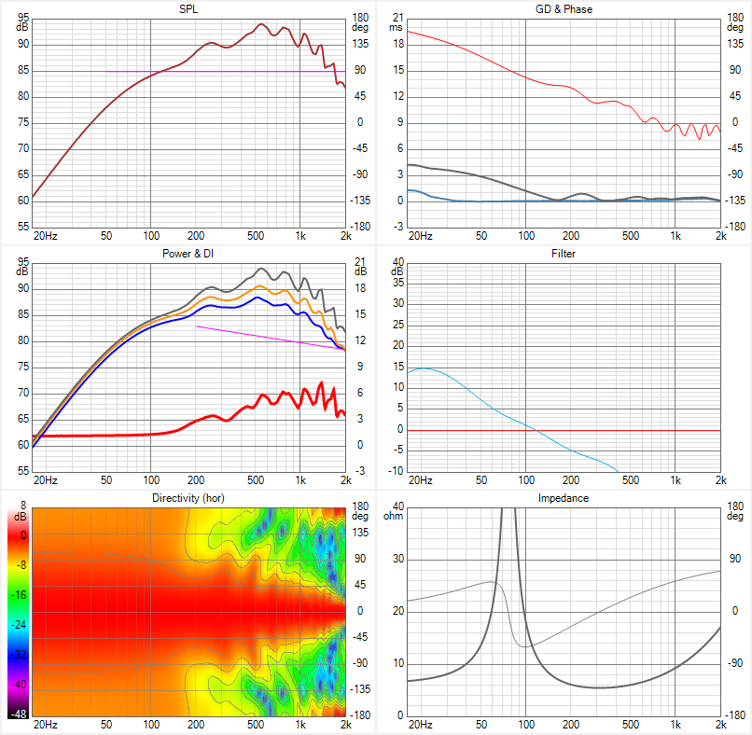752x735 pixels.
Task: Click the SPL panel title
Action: (x=188, y=8)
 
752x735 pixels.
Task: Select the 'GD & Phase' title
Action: (x=564, y=8)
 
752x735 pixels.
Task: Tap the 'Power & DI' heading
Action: (x=188, y=253)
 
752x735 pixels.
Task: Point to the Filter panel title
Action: (x=564, y=253)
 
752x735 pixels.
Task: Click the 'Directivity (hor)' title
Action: (x=188, y=498)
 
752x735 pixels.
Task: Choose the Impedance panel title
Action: (x=564, y=498)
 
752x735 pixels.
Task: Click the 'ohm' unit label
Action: (x=392, y=516)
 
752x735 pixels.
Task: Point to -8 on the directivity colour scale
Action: (x=19, y=565)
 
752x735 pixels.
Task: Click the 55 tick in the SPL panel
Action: (x=22, y=227)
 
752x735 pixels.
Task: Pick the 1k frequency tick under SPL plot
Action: (x=299, y=236)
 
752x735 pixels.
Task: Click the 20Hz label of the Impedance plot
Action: (x=420, y=725)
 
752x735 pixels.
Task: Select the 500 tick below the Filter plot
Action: (x=630, y=480)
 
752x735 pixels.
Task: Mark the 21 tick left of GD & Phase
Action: (x=397, y=18)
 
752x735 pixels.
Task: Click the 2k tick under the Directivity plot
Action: (x=344, y=725)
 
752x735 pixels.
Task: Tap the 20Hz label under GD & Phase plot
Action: (x=420, y=236)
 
